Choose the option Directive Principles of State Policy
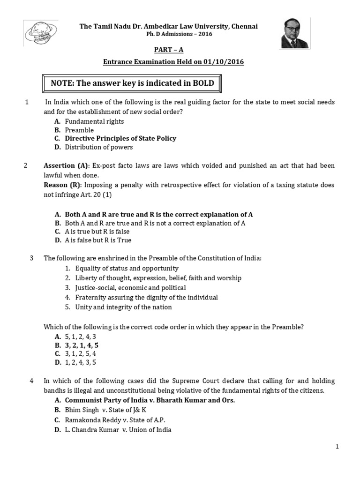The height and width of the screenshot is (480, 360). (120, 138)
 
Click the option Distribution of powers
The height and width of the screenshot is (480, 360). (99, 147)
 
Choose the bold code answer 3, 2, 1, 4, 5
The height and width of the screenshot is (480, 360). (82, 345)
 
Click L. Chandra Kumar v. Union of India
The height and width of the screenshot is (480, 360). (118, 429)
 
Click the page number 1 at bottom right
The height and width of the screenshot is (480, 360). (337, 448)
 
